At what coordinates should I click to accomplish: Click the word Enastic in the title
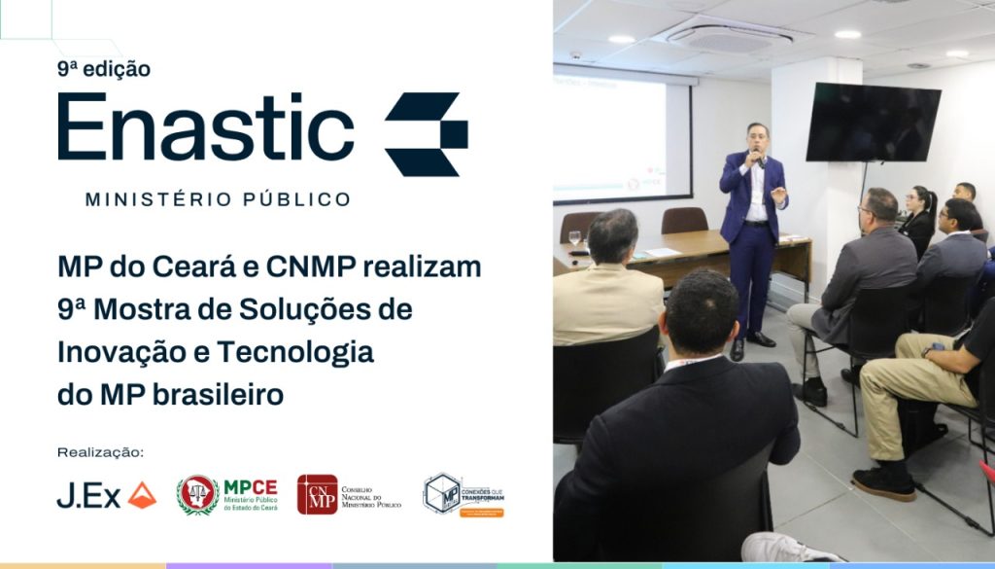click(x=205, y=128)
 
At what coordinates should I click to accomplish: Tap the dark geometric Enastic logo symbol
click(x=426, y=133)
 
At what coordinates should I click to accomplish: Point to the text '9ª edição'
click(x=103, y=69)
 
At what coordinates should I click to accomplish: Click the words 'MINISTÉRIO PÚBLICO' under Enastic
click(x=218, y=199)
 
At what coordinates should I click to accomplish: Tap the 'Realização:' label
click(x=100, y=452)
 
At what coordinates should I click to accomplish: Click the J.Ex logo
click(x=106, y=495)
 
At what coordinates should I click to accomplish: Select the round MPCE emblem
click(x=197, y=494)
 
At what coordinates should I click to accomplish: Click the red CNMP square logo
click(x=317, y=494)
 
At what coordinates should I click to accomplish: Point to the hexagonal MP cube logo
click(x=442, y=493)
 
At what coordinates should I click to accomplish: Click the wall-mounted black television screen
click(x=872, y=123)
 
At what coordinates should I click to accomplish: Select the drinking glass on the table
click(x=574, y=238)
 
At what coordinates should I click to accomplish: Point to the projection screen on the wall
click(x=622, y=136)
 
